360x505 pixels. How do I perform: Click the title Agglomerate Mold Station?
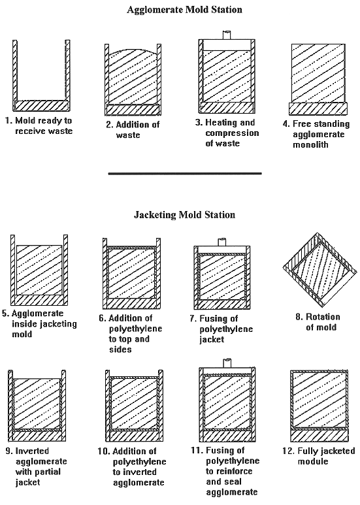pyautogui.click(x=184, y=10)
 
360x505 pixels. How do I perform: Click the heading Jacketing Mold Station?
pyautogui.click(x=184, y=214)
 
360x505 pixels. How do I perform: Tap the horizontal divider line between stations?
pyautogui.click(x=185, y=174)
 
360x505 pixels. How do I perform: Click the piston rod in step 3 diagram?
pyautogui.click(x=227, y=35)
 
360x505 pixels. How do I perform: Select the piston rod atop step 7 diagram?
pyautogui.click(x=222, y=242)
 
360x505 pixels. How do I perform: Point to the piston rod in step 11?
pyautogui.click(x=227, y=363)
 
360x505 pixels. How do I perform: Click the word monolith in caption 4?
pyautogui.click(x=310, y=144)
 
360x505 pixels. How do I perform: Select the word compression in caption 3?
pyautogui.click(x=232, y=133)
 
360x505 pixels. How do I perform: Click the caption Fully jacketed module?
pyautogui.click(x=318, y=456)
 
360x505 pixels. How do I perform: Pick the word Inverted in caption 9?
pyautogui.click(x=32, y=451)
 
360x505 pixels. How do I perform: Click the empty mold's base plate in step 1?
pyautogui.click(x=42, y=106)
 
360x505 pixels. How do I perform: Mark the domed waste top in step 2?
pyautogui.click(x=133, y=52)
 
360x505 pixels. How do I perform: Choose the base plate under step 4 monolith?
pyautogui.click(x=318, y=109)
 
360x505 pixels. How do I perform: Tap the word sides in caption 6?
pyautogui.click(x=120, y=350)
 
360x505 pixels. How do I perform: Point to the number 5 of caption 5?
pyautogui.click(x=5, y=314)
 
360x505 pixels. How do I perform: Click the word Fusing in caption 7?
pyautogui.click(x=214, y=319)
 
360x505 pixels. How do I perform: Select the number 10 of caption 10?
pyautogui.click(x=103, y=451)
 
